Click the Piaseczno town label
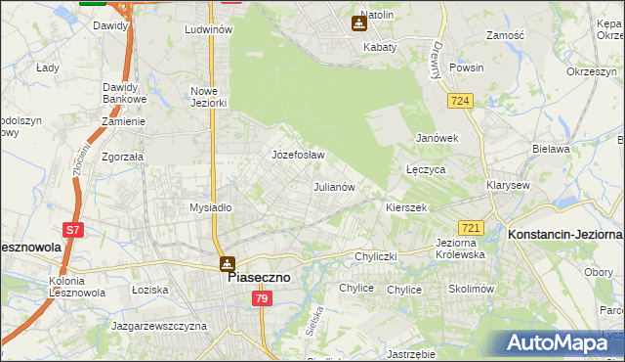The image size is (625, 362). click(259, 277)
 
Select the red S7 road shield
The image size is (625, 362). click(72, 231)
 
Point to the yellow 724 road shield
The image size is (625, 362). click(462, 101)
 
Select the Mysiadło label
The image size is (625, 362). click(210, 207)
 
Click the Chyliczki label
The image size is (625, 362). click(375, 256)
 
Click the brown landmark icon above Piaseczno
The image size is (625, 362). click(227, 262)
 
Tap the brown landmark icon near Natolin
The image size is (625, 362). click(357, 23)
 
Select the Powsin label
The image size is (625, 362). click(467, 68)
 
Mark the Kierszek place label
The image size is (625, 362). click(406, 208)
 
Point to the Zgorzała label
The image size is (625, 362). click(122, 156)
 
